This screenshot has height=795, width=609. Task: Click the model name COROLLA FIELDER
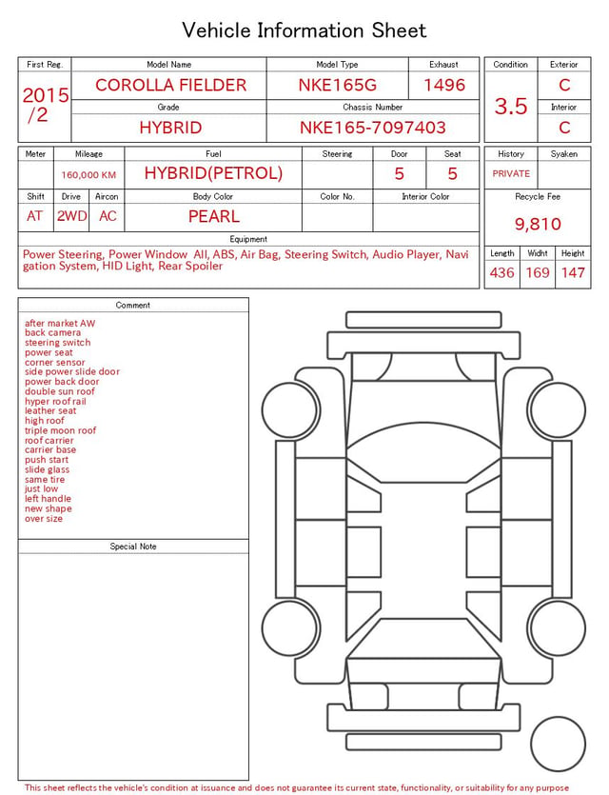(170, 85)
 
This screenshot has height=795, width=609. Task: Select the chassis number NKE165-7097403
(372, 128)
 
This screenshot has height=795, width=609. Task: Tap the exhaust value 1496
(444, 85)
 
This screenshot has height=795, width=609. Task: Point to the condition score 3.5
(511, 107)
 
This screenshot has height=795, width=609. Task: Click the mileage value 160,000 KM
(88, 175)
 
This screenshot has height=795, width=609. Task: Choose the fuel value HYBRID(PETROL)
(213, 173)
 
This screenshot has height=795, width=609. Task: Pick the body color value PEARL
(214, 216)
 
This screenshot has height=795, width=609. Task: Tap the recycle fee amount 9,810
(538, 224)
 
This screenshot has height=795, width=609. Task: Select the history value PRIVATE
(511, 174)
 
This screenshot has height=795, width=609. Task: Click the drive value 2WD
(71, 216)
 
